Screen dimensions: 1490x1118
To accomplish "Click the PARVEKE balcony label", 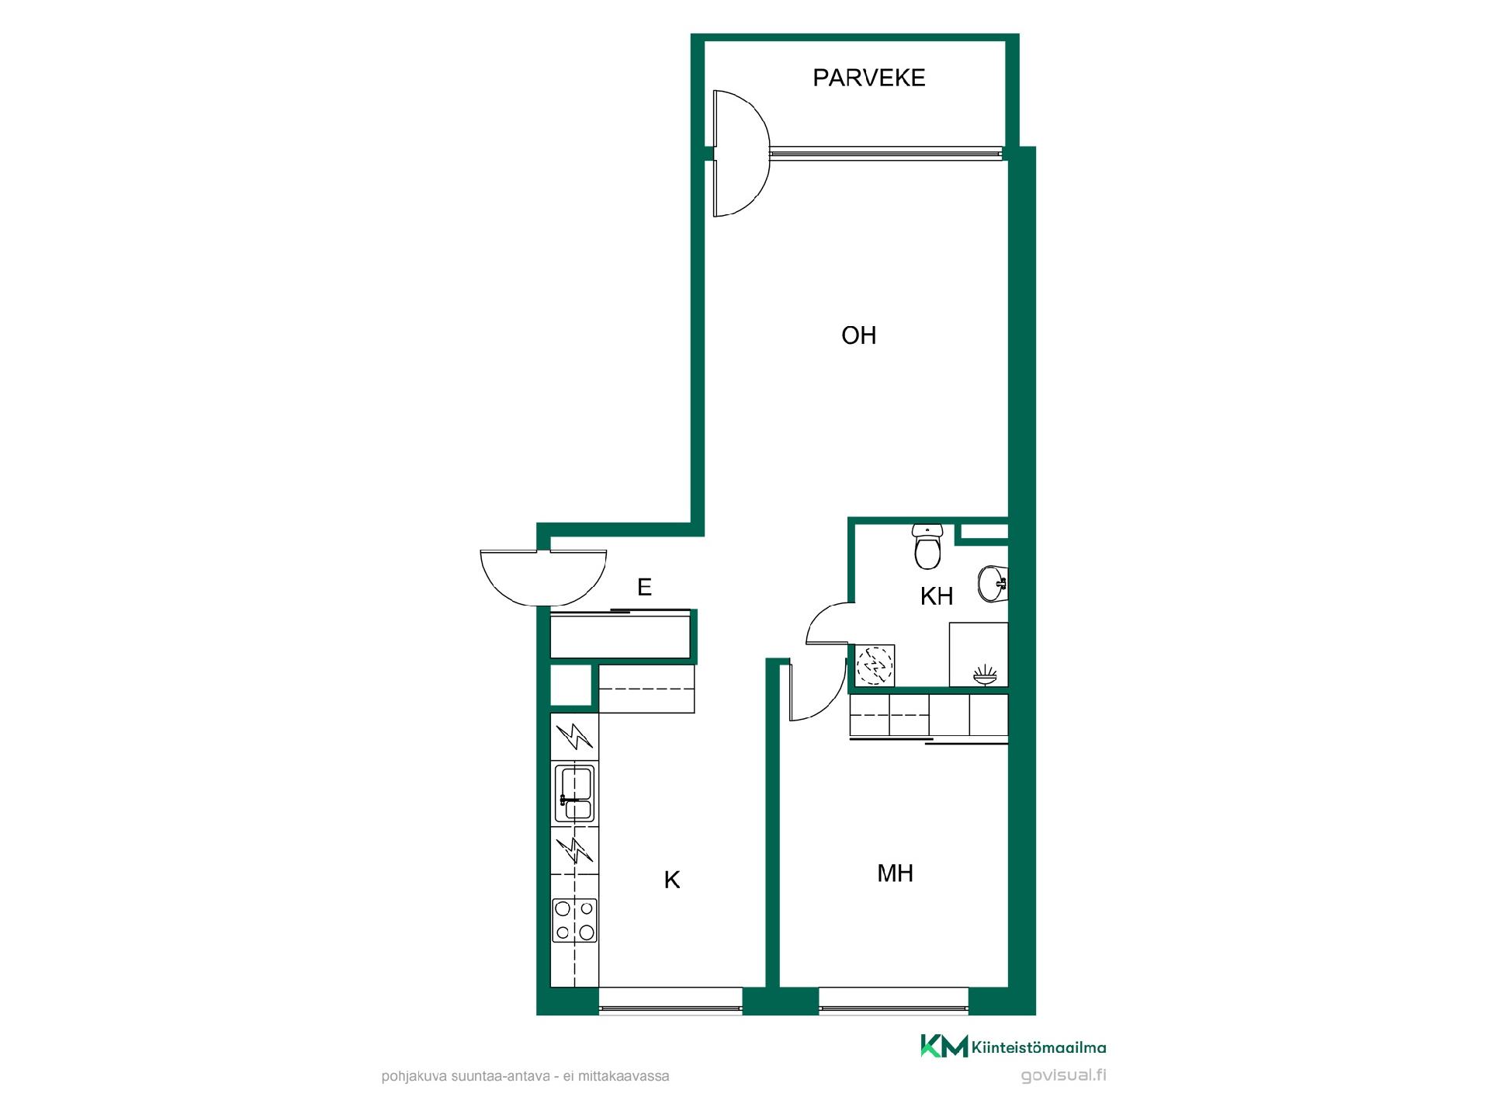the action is [868, 78].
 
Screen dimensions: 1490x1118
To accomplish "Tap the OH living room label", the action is [859, 335].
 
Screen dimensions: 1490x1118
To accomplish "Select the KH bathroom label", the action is [937, 596].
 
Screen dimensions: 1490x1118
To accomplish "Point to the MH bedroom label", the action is [895, 873].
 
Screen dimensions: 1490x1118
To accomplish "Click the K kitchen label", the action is [672, 880].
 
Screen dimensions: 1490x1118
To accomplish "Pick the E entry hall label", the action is [644, 588].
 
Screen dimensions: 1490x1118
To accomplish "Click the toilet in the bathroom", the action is [927, 547].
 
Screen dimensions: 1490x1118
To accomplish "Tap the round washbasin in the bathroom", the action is [993, 584].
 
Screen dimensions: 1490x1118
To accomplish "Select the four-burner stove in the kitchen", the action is [574, 920].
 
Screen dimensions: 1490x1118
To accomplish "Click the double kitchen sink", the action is [574, 793].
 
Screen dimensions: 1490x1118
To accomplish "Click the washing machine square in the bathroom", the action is [875, 665].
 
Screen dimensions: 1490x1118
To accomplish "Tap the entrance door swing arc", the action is [543, 589].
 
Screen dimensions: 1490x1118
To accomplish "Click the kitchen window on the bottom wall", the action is [670, 1001].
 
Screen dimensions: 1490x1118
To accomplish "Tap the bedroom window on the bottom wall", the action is [894, 1001].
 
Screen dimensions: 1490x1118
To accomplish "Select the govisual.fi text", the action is [1064, 1075].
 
